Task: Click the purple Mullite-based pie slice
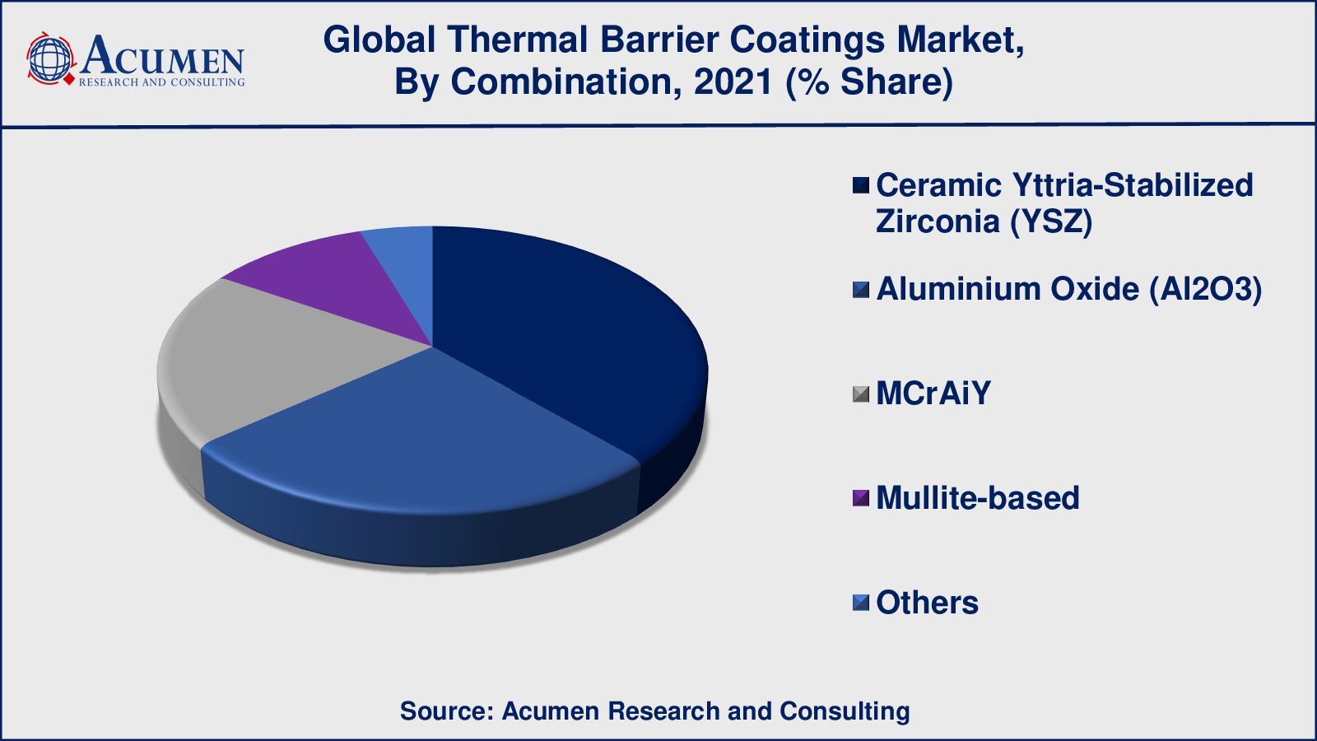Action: coord(341,282)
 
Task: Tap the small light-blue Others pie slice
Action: coord(407,264)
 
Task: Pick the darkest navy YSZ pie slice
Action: coord(565,329)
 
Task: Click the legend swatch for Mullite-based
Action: coord(861,498)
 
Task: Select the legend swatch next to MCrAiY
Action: coord(861,394)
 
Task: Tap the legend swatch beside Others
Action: coord(861,603)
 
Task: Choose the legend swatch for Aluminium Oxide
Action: coord(861,290)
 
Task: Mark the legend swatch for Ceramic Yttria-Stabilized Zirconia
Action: coord(861,186)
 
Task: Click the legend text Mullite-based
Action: coord(978,497)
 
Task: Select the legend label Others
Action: coord(927,603)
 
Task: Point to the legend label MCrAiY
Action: coord(933,394)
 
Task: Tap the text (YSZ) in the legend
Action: coord(1051,221)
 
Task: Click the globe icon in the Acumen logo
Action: coord(51,58)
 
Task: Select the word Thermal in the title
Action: coord(518,40)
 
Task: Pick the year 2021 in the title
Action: coord(733,82)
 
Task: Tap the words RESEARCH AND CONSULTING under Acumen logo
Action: coord(161,82)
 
